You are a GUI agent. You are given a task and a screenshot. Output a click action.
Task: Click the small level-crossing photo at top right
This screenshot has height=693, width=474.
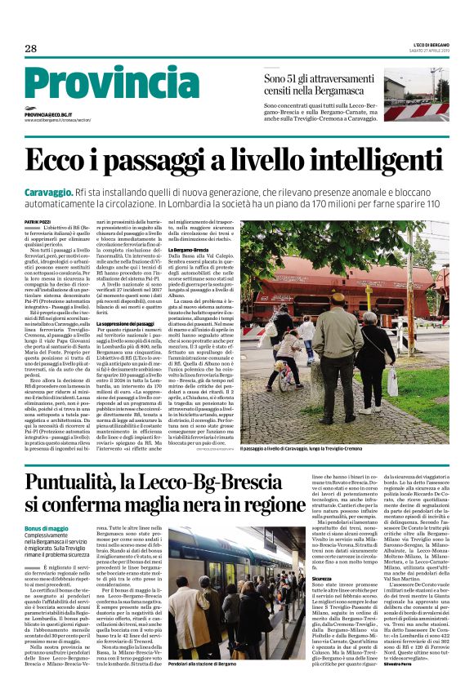pos(417,97)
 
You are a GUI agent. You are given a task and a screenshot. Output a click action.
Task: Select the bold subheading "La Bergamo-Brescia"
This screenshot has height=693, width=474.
pos(190,250)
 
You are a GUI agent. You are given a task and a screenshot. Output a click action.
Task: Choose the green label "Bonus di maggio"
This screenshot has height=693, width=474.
pos(47,529)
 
